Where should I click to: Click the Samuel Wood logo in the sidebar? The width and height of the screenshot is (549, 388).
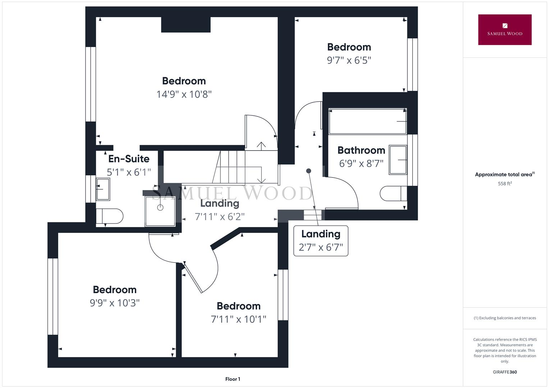(x=504, y=30)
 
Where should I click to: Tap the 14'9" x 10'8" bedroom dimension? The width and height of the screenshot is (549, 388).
(x=184, y=94)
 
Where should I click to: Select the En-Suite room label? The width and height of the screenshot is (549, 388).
(x=129, y=159)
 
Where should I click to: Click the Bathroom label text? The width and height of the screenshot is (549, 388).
(x=361, y=150)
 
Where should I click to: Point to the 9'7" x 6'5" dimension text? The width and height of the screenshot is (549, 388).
(x=349, y=60)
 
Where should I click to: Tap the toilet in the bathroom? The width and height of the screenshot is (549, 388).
(x=392, y=193)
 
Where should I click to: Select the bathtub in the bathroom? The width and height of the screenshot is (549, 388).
(x=367, y=121)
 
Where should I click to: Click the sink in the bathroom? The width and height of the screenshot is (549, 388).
(x=398, y=160)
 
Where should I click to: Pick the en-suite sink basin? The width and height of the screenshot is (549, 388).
(x=103, y=189)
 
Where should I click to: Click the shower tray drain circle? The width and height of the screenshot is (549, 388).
(x=160, y=208)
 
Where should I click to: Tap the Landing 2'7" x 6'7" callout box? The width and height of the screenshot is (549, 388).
(x=321, y=241)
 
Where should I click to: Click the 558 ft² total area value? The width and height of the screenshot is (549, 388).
(x=504, y=184)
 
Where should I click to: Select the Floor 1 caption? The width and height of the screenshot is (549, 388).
(x=233, y=379)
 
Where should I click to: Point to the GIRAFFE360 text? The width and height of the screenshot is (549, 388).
(x=504, y=372)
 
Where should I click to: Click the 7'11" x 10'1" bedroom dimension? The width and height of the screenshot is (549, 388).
(x=238, y=319)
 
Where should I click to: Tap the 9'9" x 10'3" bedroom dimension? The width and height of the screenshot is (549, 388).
(x=115, y=303)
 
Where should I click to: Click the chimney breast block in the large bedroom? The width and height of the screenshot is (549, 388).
(x=186, y=25)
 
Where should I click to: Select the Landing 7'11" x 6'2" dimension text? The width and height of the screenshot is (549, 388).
(x=220, y=217)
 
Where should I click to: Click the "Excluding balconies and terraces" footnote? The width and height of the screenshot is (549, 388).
(x=504, y=318)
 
